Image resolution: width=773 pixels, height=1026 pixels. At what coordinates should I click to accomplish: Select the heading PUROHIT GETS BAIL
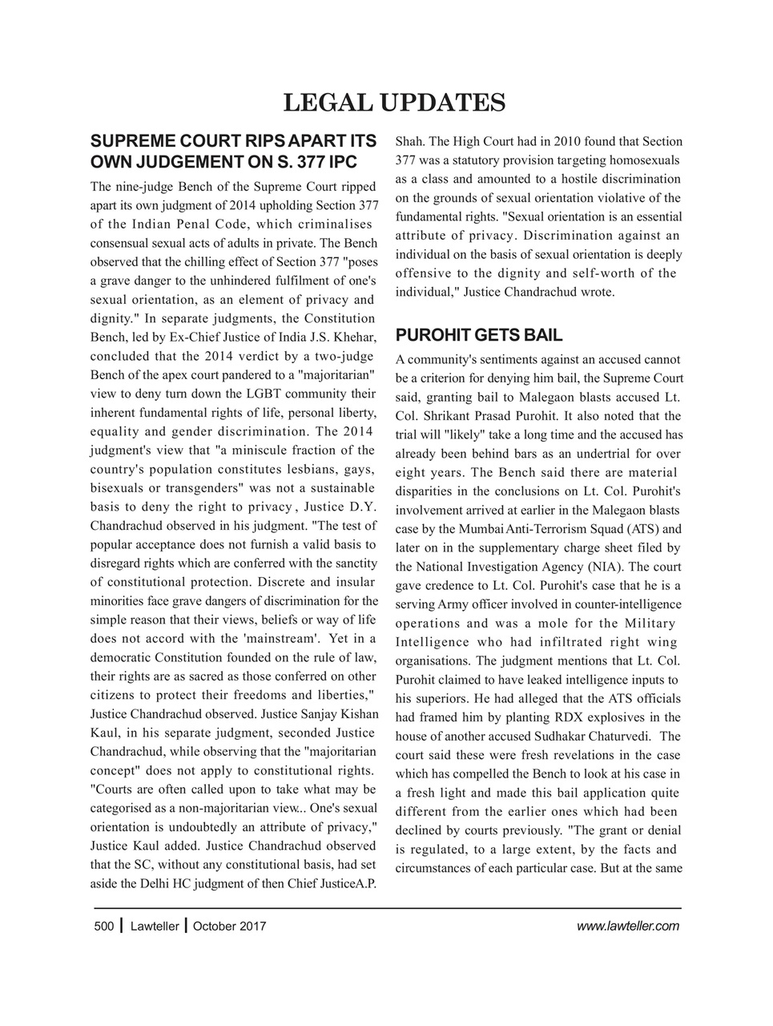(479, 335)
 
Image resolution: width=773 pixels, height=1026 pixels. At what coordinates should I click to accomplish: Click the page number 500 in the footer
(104, 927)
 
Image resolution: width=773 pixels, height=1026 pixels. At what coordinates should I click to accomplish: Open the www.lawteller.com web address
(628, 927)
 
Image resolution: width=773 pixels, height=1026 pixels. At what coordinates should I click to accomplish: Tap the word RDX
(570, 717)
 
